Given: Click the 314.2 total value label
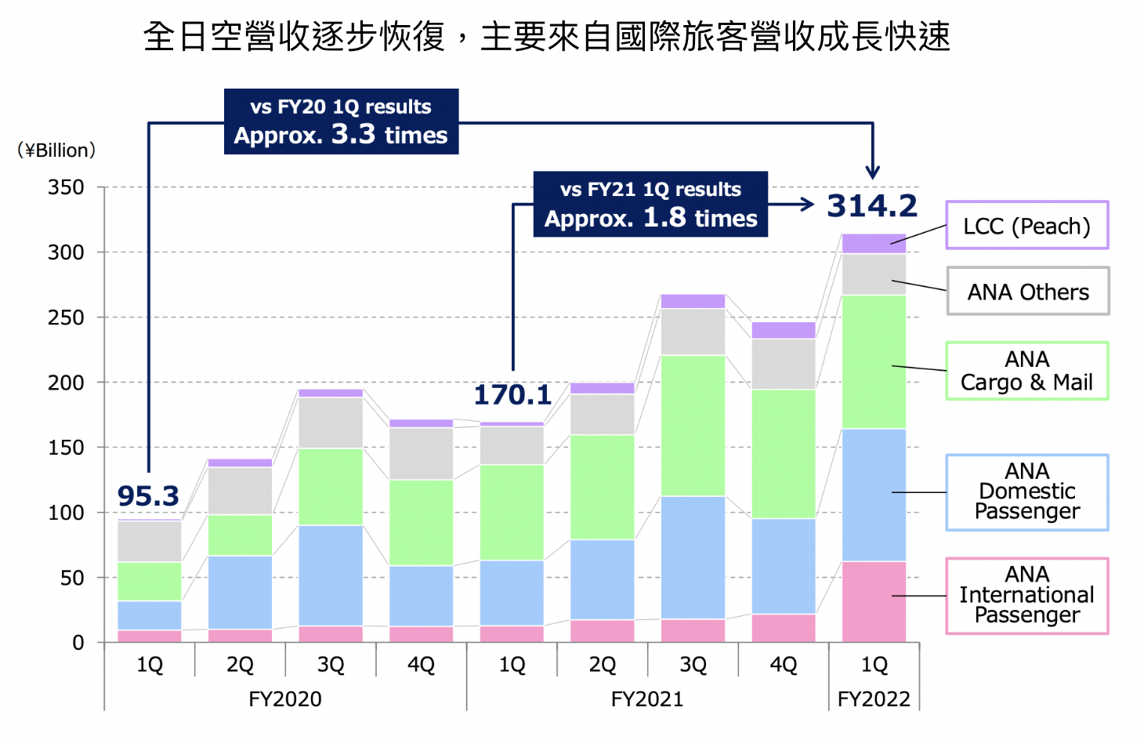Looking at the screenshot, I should coord(872,206).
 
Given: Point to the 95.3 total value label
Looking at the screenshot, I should coord(148,496).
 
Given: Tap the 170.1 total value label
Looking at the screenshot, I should coord(512,395).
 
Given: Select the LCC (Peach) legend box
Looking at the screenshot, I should coord(1026,226).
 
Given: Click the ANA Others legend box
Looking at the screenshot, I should coord(1027,292).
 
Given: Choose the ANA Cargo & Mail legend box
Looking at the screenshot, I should coord(1026,371).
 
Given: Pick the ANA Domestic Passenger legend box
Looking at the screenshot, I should coord(1026,492).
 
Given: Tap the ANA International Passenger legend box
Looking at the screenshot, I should coord(1026,596).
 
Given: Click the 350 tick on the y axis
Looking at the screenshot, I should coord(66,188).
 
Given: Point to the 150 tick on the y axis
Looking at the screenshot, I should coord(66,448).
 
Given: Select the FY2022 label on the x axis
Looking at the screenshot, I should coord(874,698).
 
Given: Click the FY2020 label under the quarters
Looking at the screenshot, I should coord(285,698).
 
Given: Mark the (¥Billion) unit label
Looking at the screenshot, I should coord(56,150).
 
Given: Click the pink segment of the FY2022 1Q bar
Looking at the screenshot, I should coord(874,602).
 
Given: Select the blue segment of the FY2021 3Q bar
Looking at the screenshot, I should coord(693,557).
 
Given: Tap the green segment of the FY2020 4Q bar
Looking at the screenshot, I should coord(421,522).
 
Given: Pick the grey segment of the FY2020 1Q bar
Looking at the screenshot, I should coord(149,541).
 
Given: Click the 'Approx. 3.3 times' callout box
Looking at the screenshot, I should coord(341,122).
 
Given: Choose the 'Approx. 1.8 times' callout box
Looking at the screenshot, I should coord(650,205).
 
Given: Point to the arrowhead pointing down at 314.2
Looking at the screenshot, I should coord(873,172).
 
